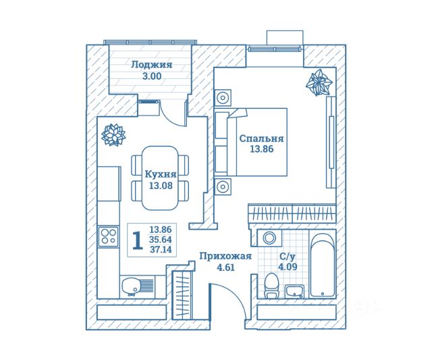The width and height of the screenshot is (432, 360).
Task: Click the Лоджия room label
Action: (x=151, y=66)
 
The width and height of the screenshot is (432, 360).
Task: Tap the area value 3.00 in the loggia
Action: (x=151, y=77)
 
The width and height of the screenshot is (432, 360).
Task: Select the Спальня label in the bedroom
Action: (x=261, y=138)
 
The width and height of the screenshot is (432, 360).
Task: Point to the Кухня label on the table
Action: (x=161, y=174)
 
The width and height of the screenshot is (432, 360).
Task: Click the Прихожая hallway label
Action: (x=225, y=256)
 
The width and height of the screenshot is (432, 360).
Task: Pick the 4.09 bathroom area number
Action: (x=287, y=267)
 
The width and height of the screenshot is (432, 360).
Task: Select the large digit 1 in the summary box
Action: (x=137, y=240)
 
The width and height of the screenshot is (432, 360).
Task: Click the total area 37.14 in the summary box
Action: (x=162, y=250)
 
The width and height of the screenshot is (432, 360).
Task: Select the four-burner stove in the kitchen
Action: (x=108, y=236)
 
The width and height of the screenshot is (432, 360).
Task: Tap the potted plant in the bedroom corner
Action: (x=319, y=84)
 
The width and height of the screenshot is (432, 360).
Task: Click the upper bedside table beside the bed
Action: (x=223, y=98)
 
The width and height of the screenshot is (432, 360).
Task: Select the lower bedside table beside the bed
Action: (x=223, y=185)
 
